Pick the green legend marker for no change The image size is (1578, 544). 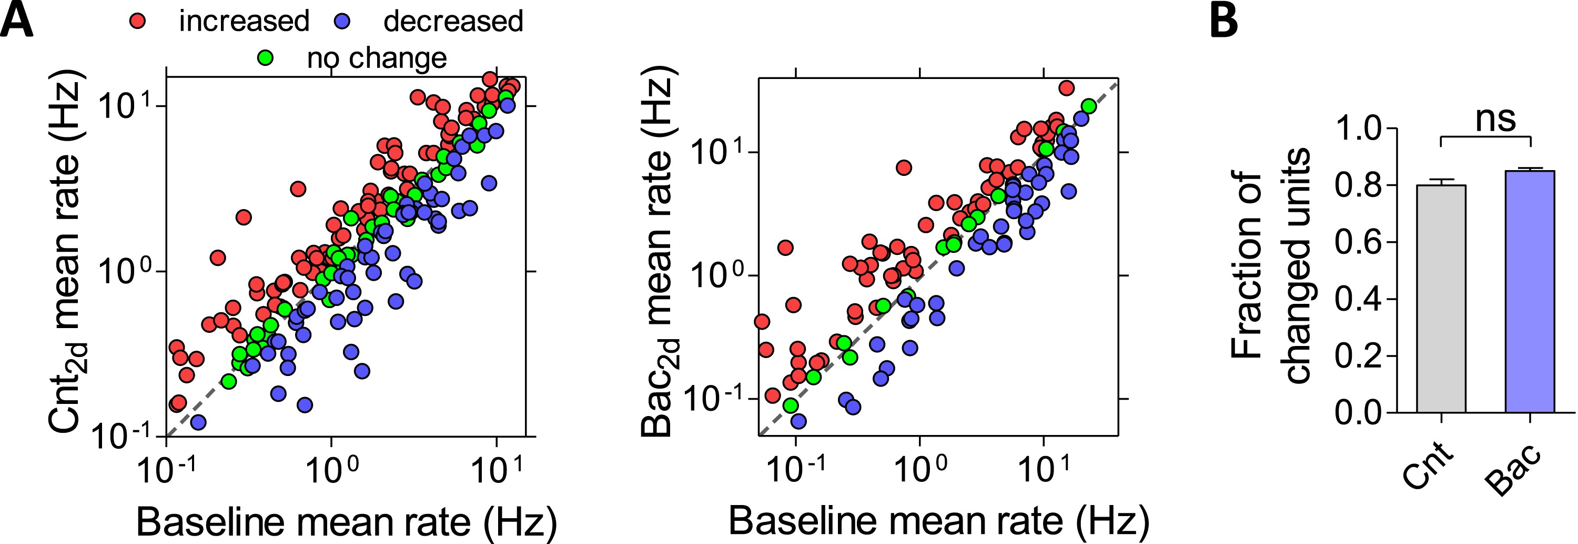[267, 57]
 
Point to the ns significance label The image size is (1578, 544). [1495, 118]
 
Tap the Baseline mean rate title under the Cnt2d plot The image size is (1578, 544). [346, 522]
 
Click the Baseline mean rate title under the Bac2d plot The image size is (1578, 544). [938, 521]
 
